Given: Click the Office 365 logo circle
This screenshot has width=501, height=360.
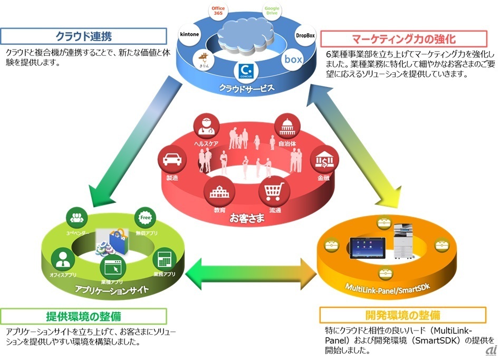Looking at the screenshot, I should coord(218,12).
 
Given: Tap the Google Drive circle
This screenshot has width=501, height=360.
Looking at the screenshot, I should coord(271,12).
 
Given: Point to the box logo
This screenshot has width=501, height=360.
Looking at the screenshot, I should coord(293,60).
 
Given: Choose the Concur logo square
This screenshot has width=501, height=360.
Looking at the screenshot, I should coord(244,71).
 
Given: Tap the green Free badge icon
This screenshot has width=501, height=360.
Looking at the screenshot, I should coord(144,216).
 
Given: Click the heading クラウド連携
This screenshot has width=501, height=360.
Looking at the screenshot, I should coord(83,36).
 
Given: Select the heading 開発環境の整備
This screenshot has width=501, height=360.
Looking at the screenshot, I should coord(402,315).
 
